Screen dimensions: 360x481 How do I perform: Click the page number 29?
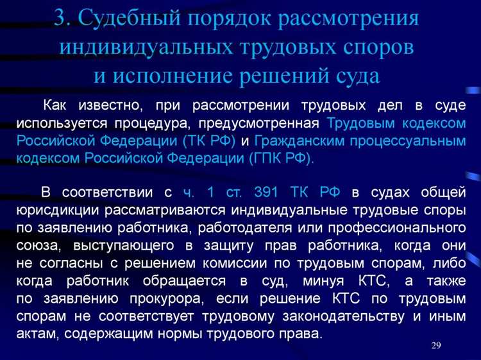click(x=436, y=347)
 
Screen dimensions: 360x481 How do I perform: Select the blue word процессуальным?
click(x=409, y=139)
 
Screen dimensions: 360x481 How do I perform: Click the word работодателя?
click(x=234, y=227)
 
